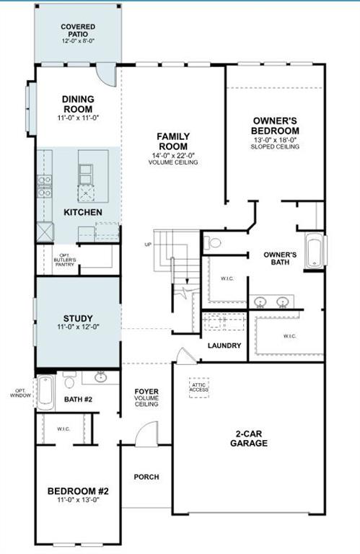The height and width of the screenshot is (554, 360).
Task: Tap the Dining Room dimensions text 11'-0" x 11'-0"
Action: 79,118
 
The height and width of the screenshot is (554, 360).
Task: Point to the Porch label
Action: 146,477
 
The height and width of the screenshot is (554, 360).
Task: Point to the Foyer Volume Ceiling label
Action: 146,397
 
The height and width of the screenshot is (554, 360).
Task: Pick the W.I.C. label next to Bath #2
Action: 63,429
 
